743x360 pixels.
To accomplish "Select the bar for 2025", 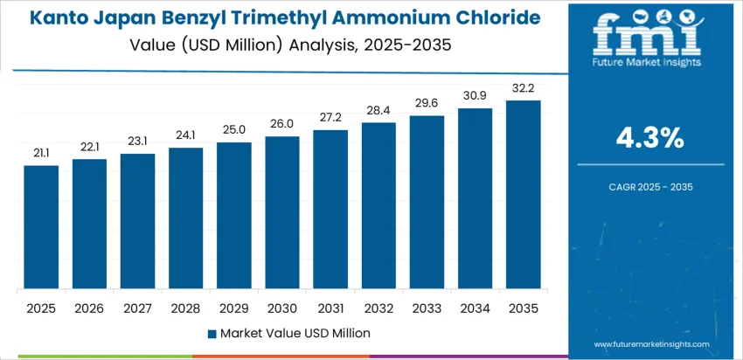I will pos(41,227).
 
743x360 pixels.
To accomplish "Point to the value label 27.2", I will pos(330,116).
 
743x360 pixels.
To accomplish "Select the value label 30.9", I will pos(475,94).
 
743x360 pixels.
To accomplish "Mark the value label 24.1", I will pos(185,135).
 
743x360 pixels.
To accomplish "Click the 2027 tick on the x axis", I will pos(137,309).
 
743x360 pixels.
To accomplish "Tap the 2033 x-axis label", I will pos(427,309).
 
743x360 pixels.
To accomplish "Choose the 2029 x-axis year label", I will pos(233,309).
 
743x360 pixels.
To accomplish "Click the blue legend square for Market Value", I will pos(212,333).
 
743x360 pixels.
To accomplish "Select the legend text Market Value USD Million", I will pos(295,333).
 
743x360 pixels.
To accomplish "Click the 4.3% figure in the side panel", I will pos(649,138).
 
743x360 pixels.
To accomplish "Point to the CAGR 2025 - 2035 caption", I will pos(649,186).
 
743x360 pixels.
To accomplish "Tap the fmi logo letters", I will pos(648,35).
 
